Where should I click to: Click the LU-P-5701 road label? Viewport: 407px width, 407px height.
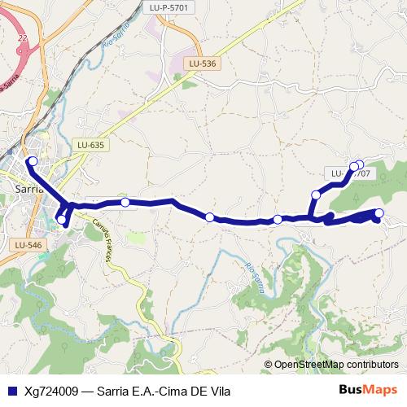pyautogui.click(x=169, y=7)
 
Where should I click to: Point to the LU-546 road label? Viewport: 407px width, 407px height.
pyautogui.click(x=28, y=244)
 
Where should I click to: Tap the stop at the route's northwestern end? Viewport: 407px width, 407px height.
pyautogui.click(x=33, y=161)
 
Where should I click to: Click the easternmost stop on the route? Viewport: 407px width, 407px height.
pyautogui.click(x=379, y=213)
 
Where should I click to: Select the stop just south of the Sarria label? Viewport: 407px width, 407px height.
pyautogui.click(x=62, y=219)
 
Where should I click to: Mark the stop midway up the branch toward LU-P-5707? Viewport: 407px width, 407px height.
pyautogui.click(x=316, y=195)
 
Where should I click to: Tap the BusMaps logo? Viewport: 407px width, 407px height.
pyautogui.click(x=368, y=389)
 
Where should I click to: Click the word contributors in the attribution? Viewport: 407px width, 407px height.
pyautogui.click(x=376, y=365)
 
